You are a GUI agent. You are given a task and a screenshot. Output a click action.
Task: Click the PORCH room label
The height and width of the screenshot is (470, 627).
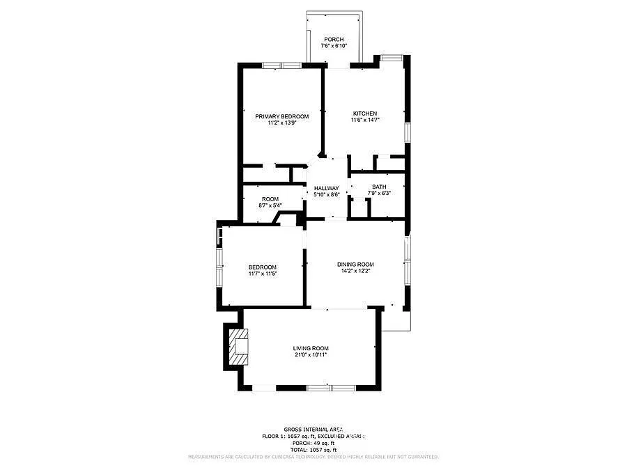pos(334,39)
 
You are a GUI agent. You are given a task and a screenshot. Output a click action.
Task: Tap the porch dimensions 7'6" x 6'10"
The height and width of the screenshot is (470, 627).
pos(334,46)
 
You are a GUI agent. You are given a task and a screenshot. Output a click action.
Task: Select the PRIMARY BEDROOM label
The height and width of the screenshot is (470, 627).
pos(281,116)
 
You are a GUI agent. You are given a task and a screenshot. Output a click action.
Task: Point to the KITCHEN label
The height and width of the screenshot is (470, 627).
pos(364,113)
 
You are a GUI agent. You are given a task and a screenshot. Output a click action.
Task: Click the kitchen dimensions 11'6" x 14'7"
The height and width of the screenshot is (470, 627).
pos(364,120)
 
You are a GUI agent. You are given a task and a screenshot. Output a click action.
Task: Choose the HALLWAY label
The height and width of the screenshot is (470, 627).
pos(326,188)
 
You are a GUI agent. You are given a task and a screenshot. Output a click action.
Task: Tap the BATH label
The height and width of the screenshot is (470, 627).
pos(379,187)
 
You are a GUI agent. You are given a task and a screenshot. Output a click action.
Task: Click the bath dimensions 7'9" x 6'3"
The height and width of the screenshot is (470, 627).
pos(379,193)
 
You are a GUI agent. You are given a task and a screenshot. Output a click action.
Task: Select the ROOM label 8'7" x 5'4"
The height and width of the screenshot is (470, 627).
pos(270,199)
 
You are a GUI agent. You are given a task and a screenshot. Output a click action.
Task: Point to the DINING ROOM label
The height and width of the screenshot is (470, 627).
pos(355,264)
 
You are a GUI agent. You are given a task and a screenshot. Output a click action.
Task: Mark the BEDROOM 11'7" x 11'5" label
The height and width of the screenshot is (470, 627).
pos(263,267)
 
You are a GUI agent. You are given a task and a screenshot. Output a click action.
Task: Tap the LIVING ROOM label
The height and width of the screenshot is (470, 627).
pos(310,348)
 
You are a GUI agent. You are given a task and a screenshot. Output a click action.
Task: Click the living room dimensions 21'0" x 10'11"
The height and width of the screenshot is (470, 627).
pos(310,354)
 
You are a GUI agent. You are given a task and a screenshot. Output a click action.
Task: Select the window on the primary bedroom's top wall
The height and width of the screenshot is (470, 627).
pos(281,65)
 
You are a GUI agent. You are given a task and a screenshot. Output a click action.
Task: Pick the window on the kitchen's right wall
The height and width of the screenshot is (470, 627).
pos(408,132)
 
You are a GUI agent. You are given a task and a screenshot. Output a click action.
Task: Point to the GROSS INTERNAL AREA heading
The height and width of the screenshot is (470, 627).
pos(313,429)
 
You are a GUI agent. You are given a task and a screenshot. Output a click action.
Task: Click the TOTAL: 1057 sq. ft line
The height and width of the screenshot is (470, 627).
pos(313,450)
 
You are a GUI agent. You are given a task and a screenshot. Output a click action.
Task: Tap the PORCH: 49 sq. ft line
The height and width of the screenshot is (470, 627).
pos(313,443)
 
